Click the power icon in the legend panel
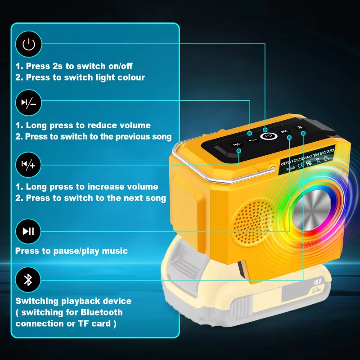click(x=28, y=44)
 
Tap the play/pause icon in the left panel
click(x=28, y=231)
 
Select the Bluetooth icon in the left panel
click(x=28, y=280)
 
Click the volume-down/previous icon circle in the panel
click(x=28, y=103)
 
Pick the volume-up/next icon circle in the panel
click(x=28, y=165)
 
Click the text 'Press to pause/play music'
click(x=72, y=251)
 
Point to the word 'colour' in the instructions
click(x=130, y=77)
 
